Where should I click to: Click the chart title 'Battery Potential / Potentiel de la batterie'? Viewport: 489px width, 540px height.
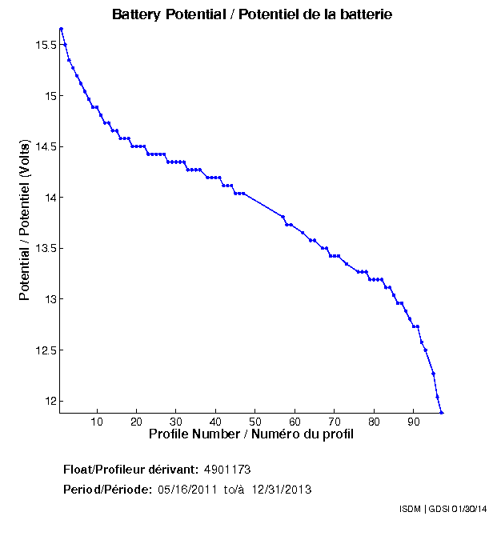251,15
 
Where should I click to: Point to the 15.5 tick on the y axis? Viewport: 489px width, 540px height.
46,46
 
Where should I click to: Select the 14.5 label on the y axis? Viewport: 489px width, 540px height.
46,147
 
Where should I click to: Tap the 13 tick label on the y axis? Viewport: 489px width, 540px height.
51,299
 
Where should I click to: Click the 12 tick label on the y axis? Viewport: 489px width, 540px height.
51,401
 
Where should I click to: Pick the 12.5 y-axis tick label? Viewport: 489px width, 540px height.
46,350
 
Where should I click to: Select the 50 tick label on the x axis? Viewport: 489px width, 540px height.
255,422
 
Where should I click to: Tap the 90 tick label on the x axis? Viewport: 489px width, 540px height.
413,422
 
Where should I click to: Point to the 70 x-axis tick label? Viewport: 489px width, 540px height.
334,422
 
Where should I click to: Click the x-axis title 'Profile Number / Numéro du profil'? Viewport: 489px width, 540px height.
251,434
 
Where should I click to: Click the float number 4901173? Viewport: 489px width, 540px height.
228,470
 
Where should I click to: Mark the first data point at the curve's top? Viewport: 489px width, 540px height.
61,29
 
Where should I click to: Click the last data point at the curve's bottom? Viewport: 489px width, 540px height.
441,412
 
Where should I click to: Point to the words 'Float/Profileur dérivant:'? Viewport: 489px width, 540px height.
131,470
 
